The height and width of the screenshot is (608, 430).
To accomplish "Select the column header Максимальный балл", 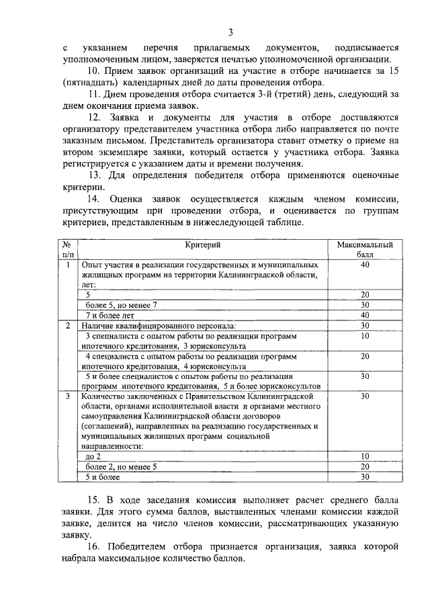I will (364, 251).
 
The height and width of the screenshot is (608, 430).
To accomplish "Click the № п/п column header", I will (67, 251).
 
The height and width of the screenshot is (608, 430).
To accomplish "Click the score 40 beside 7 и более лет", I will (365, 314).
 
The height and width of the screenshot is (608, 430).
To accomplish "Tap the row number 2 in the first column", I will (67, 325).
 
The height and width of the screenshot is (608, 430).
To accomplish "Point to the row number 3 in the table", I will (67, 396).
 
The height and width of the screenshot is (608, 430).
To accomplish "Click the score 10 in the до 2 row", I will (365, 456).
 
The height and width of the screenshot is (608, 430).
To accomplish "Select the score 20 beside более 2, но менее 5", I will (365, 466).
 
